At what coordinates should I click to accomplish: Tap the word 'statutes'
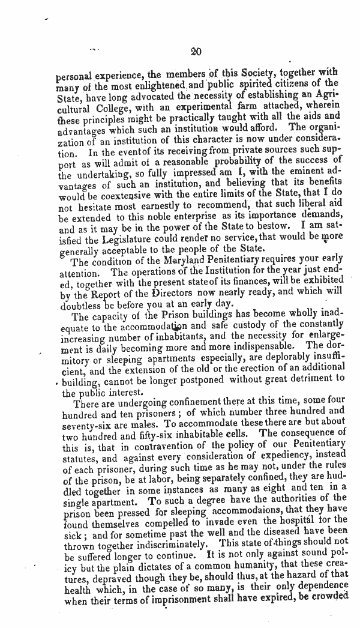click(x=79, y=455)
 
